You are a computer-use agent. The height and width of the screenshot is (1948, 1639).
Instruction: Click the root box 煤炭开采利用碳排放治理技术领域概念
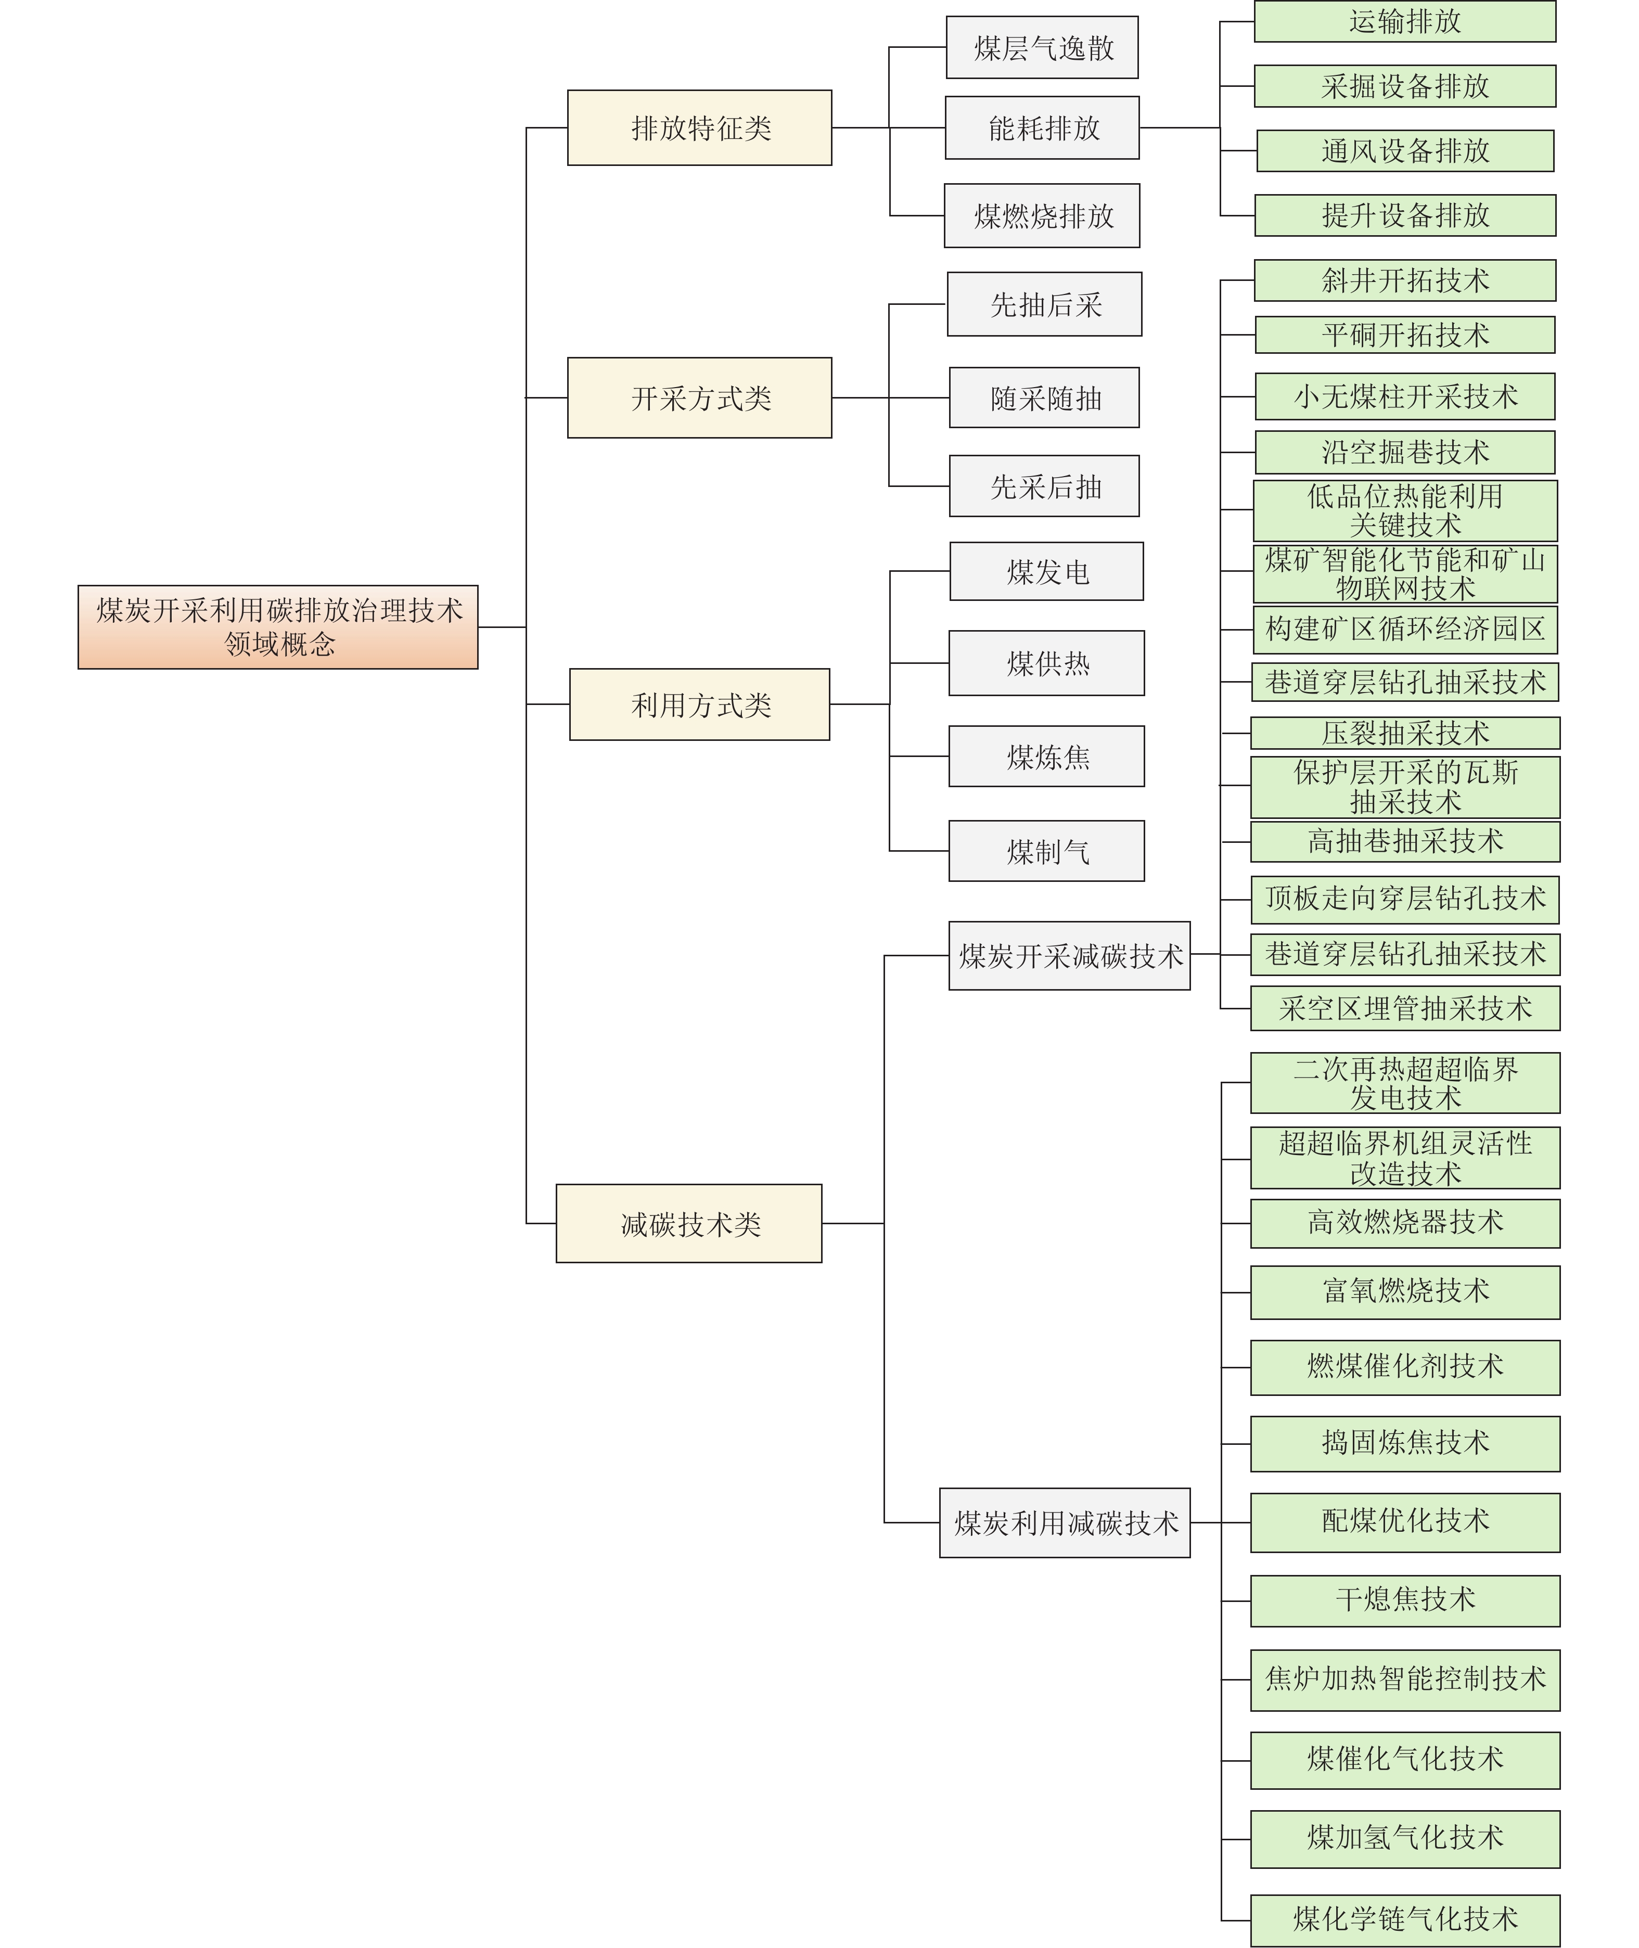[x=278, y=627]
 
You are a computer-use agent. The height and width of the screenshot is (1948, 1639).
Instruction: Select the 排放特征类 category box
[x=700, y=128]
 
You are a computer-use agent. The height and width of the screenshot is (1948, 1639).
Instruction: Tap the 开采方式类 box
[x=700, y=398]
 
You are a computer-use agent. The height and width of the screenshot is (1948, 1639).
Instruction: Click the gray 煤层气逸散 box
[x=1043, y=47]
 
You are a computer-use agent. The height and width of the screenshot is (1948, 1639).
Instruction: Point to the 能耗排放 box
[x=1043, y=128]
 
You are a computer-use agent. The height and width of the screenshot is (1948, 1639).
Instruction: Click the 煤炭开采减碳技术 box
[x=1069, y=956]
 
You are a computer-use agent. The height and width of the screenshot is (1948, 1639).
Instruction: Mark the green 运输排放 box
[x=1405, y=21]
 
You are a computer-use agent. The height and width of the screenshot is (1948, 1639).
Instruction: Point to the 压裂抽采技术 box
[x=1405, y=733]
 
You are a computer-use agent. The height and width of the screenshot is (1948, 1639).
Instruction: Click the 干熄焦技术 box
[x=1405, y=1600]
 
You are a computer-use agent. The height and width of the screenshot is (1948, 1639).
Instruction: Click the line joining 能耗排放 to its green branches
[x=1180, y=128]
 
